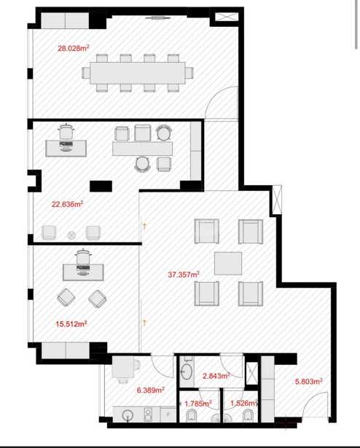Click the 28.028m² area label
tap(73, 48)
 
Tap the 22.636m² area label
tap(67, 204)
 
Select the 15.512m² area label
tap(71, 323)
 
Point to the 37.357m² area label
tap(184, 275)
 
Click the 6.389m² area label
tap(150, 390)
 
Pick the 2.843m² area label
tap(216, 376)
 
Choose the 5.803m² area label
tap(309, 381)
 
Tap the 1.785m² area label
tap(198, 404)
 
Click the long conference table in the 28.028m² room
tap(138, 73)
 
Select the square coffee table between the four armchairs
tap(228, 264)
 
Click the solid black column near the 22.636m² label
tap(101, 186)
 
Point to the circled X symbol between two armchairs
tap(71, 235)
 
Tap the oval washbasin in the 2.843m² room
tap(186, 372)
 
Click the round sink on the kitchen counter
tap(128, 414)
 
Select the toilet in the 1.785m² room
tap(191, 416)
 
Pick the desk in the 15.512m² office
tap(83, 272)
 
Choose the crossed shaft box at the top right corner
tap(227, 17)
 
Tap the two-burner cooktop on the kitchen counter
tap(148, 414)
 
